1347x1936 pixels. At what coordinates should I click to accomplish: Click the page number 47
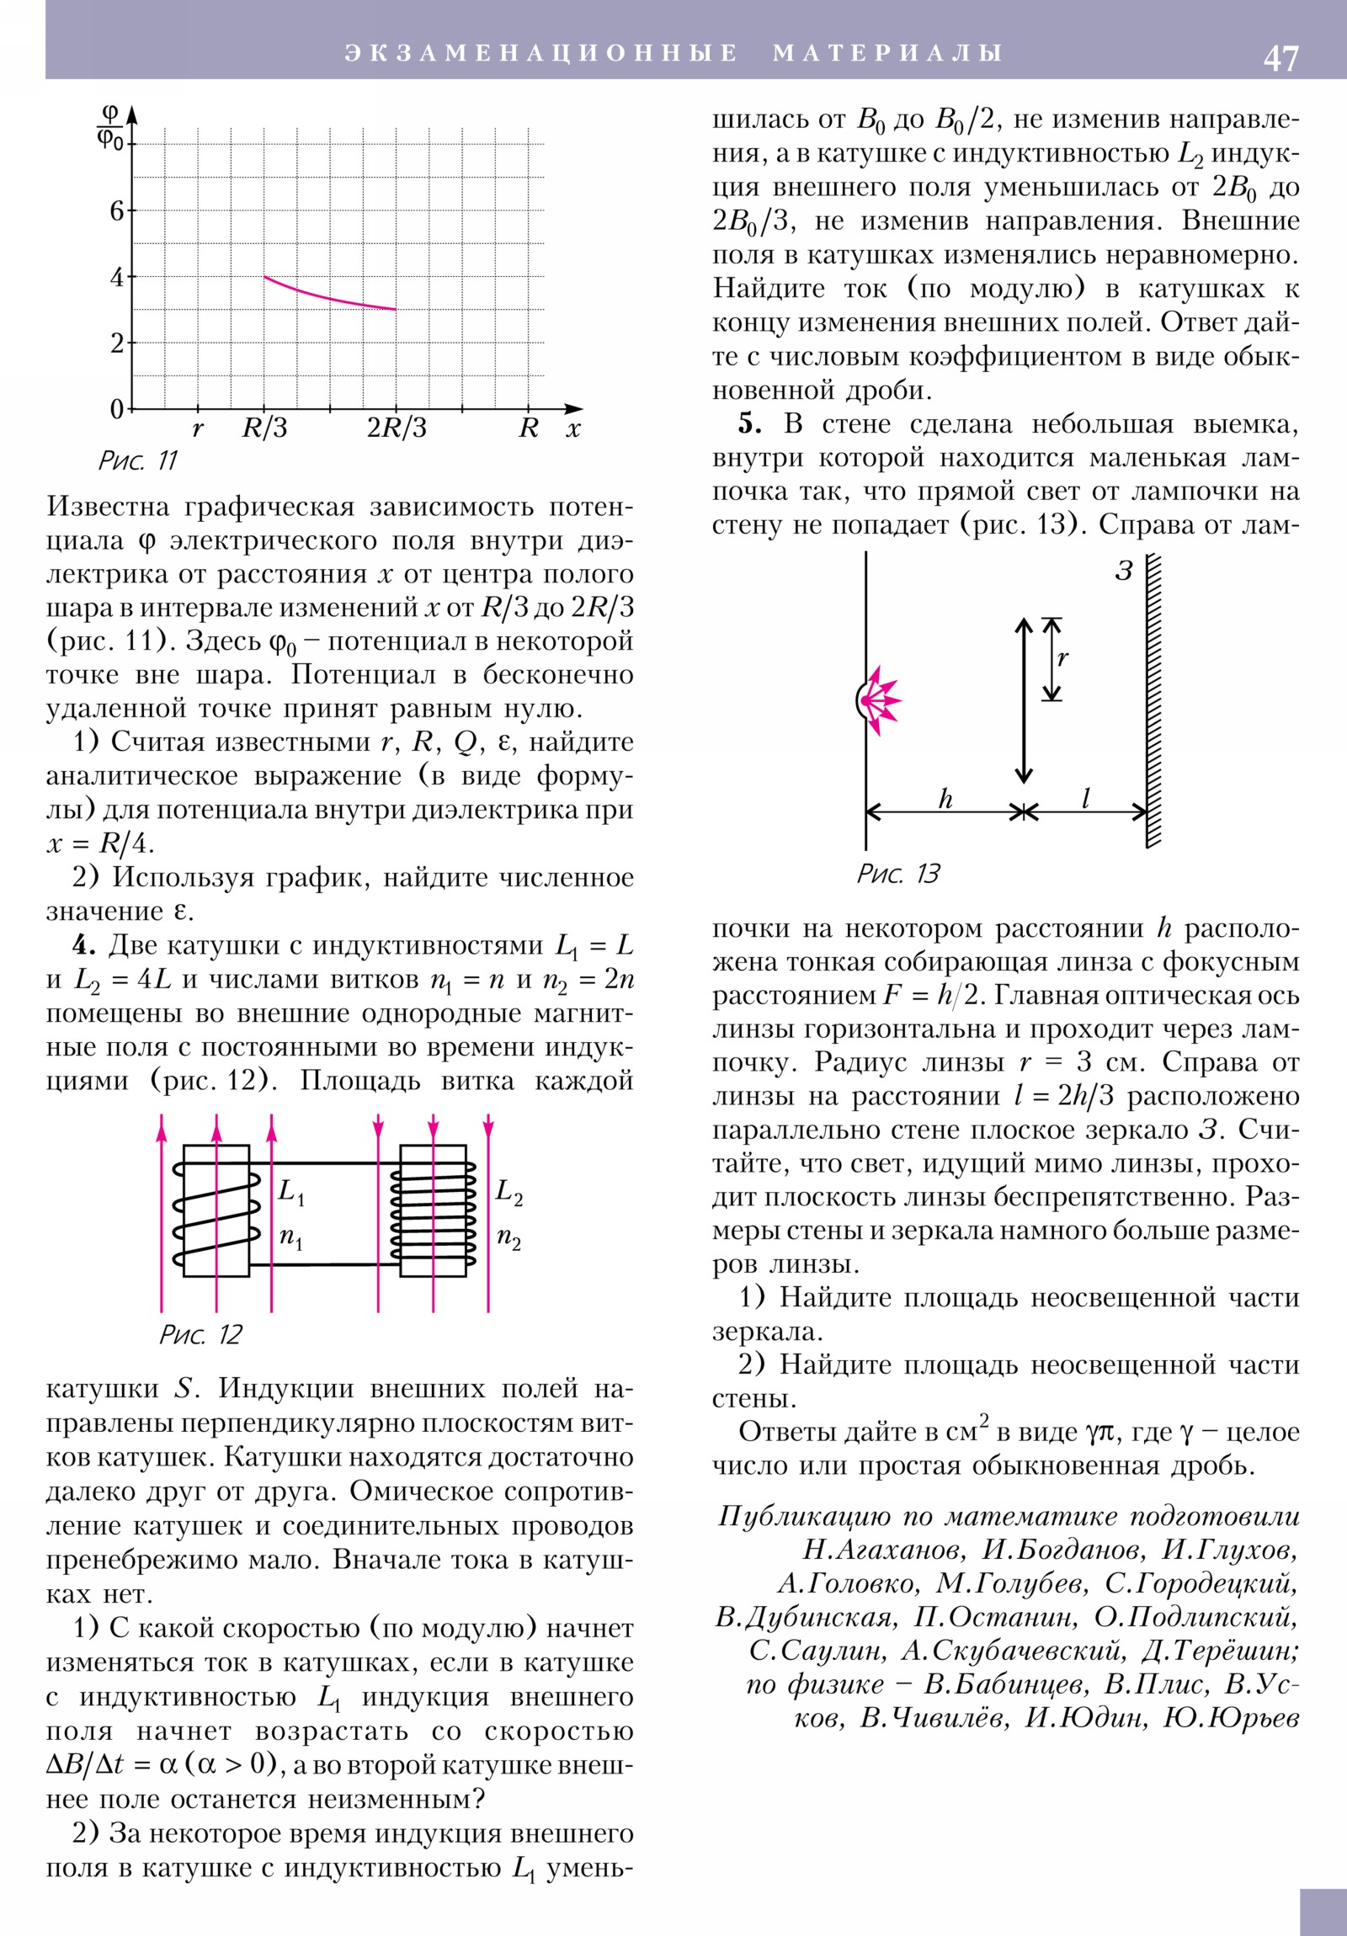1280,58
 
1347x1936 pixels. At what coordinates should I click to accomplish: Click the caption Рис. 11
138,460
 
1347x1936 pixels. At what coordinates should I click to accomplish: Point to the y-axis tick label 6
116,210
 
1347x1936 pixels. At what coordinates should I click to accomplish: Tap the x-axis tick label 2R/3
397,428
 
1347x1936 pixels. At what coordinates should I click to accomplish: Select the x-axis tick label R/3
265,428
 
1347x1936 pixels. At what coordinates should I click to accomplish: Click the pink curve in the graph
329,296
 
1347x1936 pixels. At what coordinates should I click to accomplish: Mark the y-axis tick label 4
116,277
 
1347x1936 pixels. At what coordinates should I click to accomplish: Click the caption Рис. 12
200,1335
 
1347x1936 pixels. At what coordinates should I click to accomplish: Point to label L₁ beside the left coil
292,1191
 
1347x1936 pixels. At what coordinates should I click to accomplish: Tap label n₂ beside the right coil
508,1238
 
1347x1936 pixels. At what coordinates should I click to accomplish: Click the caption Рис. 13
898,874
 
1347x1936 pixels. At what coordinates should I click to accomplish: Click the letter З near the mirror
1124,571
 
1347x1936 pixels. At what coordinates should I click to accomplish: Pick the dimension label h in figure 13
945,799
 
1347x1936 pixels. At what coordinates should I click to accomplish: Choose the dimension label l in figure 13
1085,798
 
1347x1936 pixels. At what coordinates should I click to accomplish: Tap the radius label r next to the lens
1062,657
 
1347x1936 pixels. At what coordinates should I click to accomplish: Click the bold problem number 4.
83,945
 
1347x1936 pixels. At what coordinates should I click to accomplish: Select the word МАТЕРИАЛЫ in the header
887,53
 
